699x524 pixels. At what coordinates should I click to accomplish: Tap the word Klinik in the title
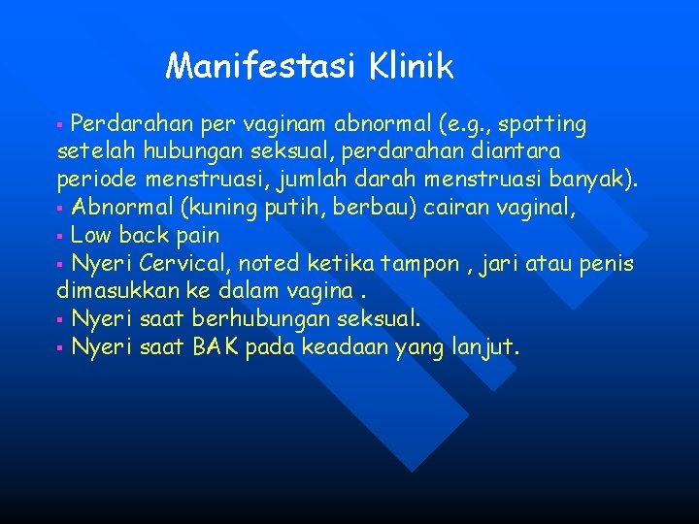[412, 66]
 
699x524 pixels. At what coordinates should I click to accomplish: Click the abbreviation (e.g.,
[465, 125]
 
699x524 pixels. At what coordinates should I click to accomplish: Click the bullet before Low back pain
[60, 236]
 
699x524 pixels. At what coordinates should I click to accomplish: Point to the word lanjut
[486, 346]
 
